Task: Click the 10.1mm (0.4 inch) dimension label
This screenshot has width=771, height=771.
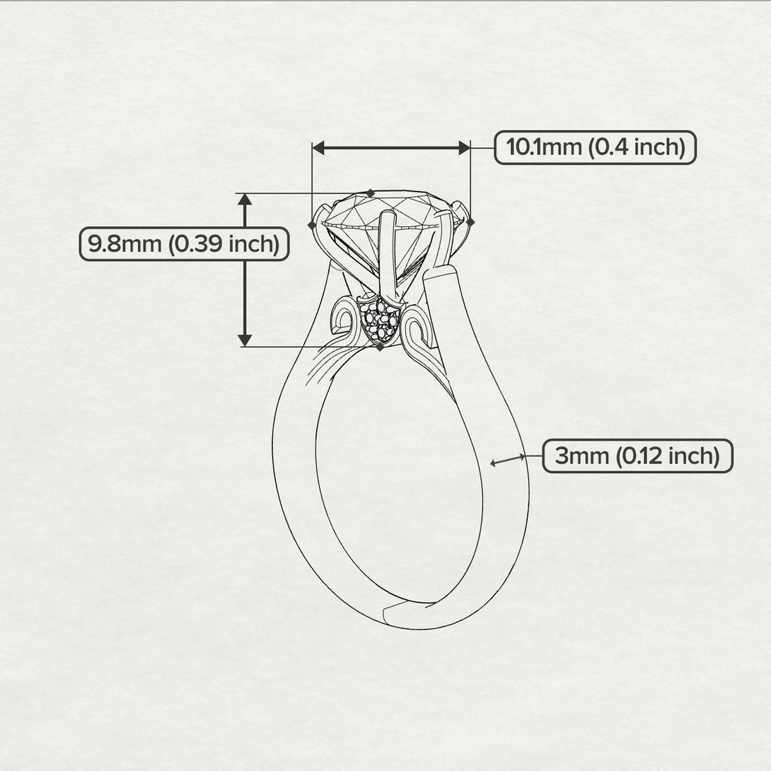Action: tap(595, 147)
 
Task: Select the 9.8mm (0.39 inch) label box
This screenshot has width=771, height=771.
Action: tap(184, 244)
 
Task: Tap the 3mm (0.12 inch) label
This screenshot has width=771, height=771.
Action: tap(637, 456)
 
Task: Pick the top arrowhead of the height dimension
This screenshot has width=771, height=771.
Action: tap(245, 199)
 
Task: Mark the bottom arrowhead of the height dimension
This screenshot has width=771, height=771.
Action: tap(245, 340)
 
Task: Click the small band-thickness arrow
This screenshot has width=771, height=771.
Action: tap(508, 460)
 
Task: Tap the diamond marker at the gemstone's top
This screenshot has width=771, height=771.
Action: tap(371, 192)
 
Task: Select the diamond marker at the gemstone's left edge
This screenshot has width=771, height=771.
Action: tap(312, 224)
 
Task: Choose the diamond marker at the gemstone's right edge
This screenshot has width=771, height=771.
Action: tap(471, 222)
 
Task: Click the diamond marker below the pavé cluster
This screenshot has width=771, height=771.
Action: tap(381, 347)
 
